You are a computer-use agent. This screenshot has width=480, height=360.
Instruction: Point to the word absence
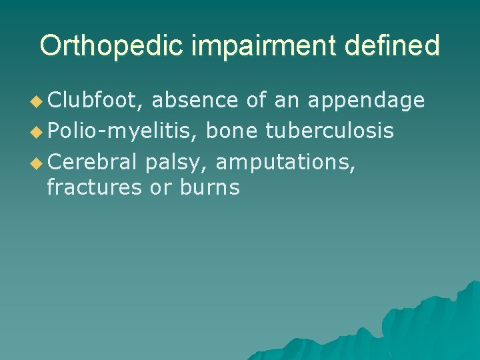coord(195,100)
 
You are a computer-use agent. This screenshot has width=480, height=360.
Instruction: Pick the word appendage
coord(366,101)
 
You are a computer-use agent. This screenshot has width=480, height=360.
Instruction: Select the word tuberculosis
coord(329,131)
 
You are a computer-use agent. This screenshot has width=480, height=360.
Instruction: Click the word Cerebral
coord(92,160)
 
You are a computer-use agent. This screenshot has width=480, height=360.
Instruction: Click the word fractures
coord(95,188)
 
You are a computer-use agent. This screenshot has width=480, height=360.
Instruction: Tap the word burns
coord(209,188)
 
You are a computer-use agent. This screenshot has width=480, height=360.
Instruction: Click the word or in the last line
coord(160,189)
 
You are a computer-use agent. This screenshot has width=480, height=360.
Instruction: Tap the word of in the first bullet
coord(256,100)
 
